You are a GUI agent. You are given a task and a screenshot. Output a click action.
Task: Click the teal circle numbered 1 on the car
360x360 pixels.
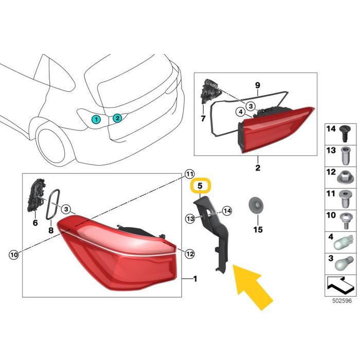[x=97, y=119]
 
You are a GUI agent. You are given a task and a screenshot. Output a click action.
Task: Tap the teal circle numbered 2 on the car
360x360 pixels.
[x=117, y=118]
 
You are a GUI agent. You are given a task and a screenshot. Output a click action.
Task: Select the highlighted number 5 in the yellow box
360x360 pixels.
[x=200, y=186]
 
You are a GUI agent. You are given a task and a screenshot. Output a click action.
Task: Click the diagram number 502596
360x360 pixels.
[x=342, y=301]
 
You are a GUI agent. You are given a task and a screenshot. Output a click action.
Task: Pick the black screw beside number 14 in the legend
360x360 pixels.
[x=344, y=134]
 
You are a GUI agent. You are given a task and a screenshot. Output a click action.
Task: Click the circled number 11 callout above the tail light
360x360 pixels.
[x=189, y=174]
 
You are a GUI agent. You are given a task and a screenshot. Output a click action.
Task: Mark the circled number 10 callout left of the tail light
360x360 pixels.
[x=14, y=255]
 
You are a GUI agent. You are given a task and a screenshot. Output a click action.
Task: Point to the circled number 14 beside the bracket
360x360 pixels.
[x=227, y=211]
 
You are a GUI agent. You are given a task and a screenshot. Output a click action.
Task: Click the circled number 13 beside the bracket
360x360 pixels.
[x=190, y=219]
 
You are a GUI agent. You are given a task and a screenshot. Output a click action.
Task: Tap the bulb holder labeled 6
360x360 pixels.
[x=35, y=195]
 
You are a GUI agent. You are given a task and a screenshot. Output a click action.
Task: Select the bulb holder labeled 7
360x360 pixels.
[x=209, y=91]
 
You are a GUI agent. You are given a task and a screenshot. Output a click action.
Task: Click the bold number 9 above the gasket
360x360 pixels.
[x=258, y=85]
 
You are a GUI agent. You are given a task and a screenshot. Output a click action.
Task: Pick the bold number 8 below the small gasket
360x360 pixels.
[x=51, y=230]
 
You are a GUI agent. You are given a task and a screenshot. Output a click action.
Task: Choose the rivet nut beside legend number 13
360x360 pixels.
[x=345, y=156]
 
